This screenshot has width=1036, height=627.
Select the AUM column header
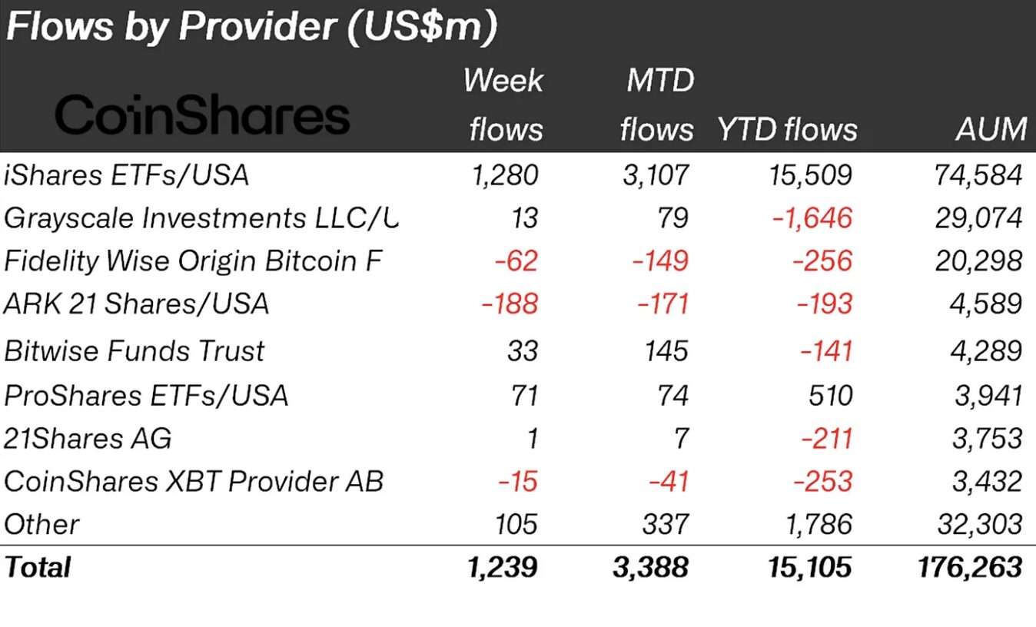click(991, 129)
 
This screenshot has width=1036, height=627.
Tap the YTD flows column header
click(787, 129)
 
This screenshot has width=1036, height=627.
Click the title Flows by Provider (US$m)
click(251, 27)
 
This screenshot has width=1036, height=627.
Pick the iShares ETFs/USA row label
click(127, 175)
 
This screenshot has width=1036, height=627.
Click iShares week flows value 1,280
click(505, 175)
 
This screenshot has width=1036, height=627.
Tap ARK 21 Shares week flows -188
click(510, 304)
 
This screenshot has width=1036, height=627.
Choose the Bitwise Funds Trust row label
click(134, 351)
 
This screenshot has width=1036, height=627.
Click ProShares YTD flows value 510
click(829, 395)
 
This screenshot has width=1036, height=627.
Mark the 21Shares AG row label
click(88, 439)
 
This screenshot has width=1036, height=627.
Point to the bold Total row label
click(38, 568)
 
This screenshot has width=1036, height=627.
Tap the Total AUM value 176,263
click(970, 568)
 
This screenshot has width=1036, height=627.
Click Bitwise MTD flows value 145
click(666, 351)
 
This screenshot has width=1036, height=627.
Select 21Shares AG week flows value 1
click(530, 439)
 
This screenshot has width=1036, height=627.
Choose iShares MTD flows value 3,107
click(655, 175)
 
